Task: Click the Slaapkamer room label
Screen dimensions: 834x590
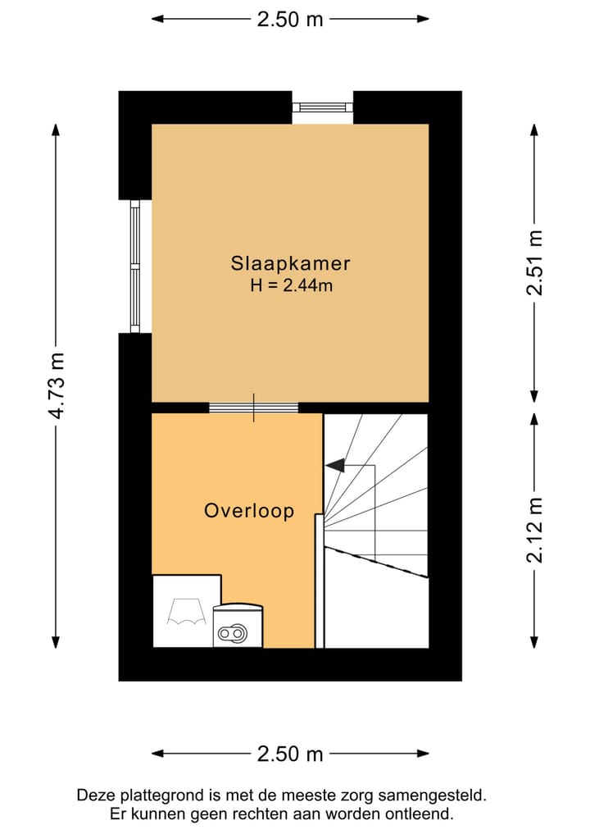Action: coord(290,263)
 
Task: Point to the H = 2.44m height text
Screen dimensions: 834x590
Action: coord(290,285)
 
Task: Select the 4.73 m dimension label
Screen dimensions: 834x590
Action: coord(56,385)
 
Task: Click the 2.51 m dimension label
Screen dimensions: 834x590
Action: coord(534,263)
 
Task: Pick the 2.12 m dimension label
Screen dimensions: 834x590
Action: coord(534,530)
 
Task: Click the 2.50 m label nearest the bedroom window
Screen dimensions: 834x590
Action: coord(290,19)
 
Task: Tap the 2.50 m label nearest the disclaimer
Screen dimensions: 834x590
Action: coord(290,754)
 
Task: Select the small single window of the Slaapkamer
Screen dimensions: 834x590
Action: coord(322,107)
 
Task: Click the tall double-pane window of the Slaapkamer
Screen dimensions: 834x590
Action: coord(135,267)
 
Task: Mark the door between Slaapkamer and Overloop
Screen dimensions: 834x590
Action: coord(253,408)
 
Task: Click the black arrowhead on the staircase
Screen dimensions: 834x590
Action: coord(334,465)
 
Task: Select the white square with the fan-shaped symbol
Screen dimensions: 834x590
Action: coord(186,611)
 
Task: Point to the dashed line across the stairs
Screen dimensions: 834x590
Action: coord(377,563)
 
